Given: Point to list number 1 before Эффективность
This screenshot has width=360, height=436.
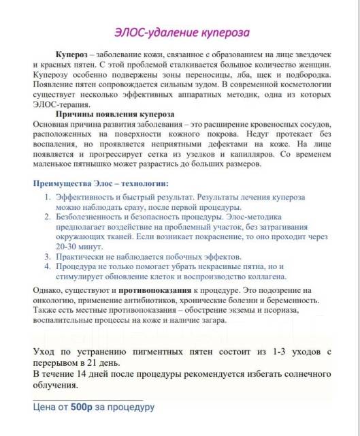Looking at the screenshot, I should click(48, 196).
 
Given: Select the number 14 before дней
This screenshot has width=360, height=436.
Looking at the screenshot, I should click(91, 374).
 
